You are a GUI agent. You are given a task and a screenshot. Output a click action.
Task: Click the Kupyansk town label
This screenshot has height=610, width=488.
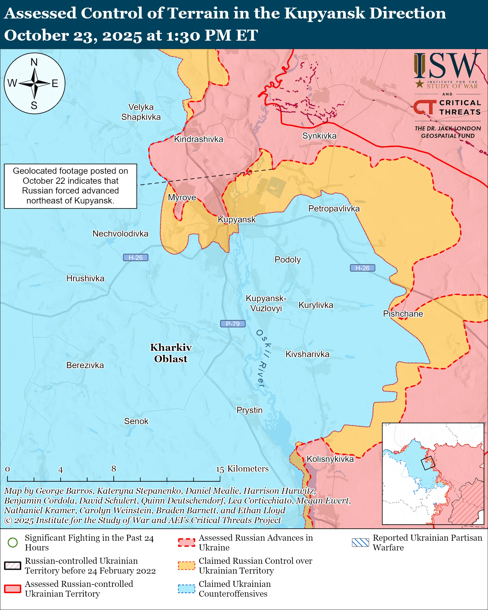(x=237, y=220)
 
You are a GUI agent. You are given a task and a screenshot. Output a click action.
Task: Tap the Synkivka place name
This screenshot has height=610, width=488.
(x=319, y=136)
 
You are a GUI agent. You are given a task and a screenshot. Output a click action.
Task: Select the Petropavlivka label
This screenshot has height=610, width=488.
(x=334, y=208)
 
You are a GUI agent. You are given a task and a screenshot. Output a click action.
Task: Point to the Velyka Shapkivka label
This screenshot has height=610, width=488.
(x=141, y=112)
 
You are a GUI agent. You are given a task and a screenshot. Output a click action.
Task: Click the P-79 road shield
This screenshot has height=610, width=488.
(x=232, y=324)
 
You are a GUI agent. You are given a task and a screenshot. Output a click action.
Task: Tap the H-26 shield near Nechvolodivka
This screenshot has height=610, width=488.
(x=135, y=258)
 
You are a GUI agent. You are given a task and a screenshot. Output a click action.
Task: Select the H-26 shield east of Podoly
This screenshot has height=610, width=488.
(x=362, y=268)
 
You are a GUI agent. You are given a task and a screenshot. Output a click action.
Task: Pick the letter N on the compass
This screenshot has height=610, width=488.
(x=34, y=62)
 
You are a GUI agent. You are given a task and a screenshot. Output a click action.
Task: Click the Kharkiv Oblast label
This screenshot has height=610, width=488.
(x=171, y=353)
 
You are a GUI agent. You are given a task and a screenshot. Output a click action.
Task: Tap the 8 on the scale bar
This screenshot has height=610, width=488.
(x=113, y=469)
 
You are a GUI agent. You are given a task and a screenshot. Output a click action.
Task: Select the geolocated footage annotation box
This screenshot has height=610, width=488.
(x=70, y=186)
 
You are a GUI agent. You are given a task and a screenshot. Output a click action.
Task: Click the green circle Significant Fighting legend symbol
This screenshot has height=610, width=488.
(x=13, y=542)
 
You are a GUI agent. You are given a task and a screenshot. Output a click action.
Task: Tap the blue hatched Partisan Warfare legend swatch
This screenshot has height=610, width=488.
(x=360, y=542)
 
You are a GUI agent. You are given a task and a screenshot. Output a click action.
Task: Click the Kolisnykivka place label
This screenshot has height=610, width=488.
(x=330, y=459)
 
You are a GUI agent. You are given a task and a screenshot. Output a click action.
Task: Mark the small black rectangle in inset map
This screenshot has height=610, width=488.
(x=428, y=463)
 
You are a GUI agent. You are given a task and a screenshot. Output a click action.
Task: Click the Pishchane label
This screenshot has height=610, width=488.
(x=403, y=314)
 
